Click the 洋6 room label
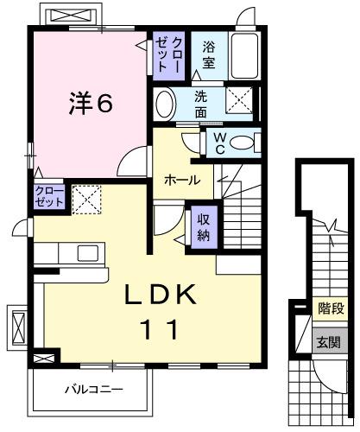(x=92, y=103)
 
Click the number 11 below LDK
(x=158, y=329)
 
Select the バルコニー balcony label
(x=92, y=390)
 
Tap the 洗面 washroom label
(x=200, y=105)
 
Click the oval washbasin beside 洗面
(x=164, y=105)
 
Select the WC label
(x=218, y=143)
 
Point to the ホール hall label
(x=183, y=180)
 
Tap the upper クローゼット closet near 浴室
(x=167, y=54)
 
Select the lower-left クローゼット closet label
(x=49, y=195)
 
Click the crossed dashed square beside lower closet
(x=85, y=200)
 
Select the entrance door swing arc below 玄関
(x=328, y=372)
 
